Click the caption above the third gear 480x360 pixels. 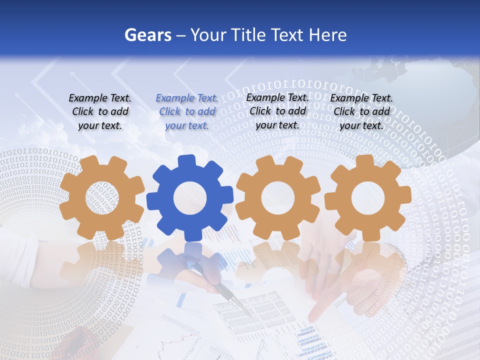pyautogui.click(x=277, y=111)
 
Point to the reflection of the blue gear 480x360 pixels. pyautogui.click(x=190, y=260)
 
